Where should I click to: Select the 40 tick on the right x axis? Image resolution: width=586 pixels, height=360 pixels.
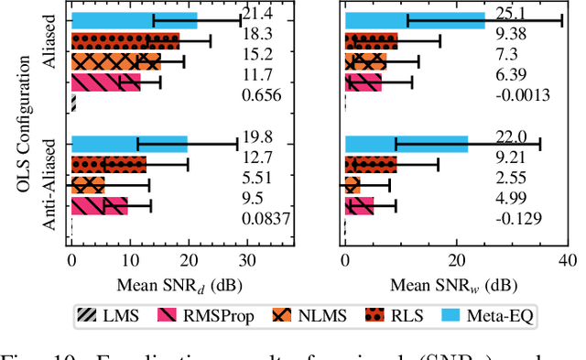point(569,261)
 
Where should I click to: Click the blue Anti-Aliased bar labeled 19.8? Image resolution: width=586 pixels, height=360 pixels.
point(129,144)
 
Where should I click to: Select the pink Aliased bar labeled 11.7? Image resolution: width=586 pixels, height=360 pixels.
point(105,82)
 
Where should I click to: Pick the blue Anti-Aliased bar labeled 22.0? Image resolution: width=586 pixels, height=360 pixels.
point(407,144)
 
